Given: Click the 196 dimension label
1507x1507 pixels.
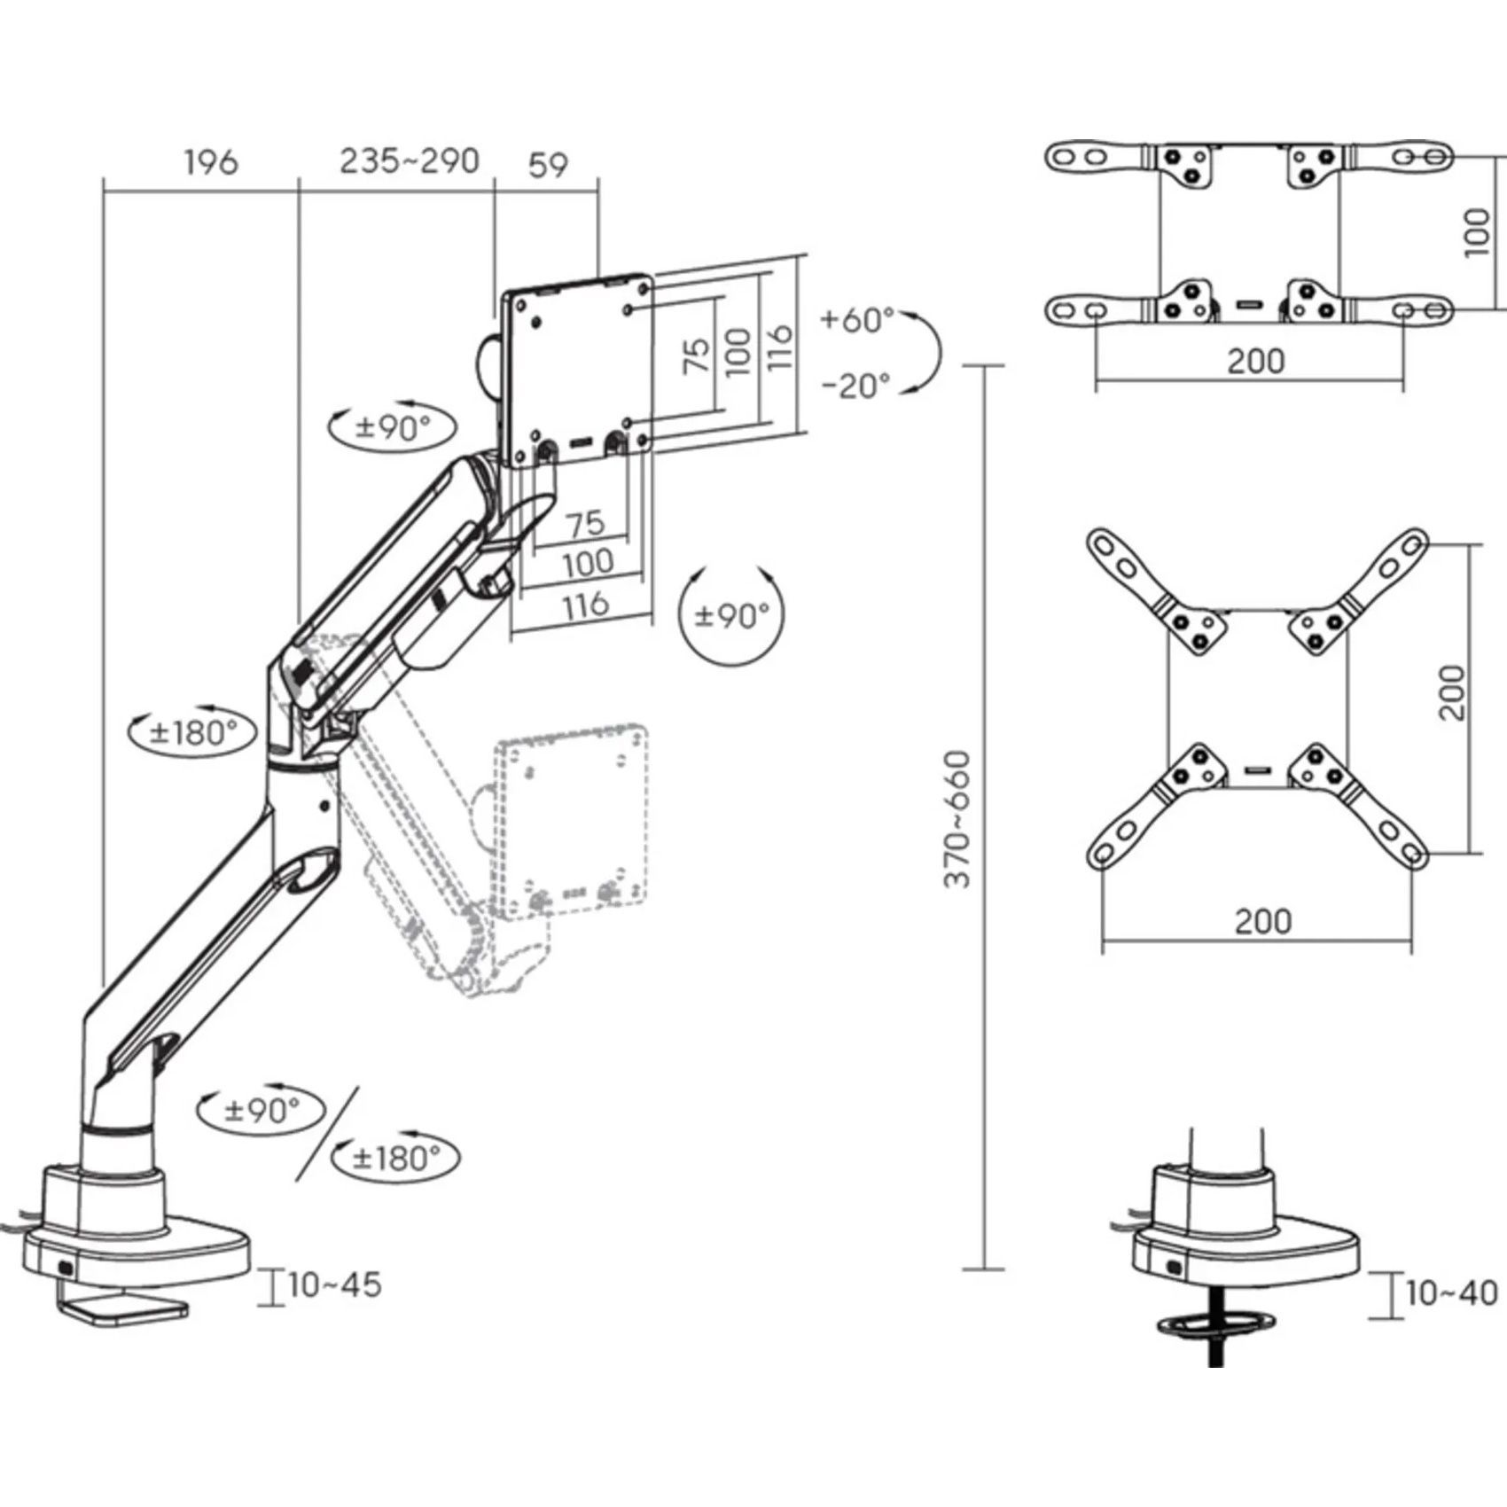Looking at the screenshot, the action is pyautogui.click(x=211, y=162).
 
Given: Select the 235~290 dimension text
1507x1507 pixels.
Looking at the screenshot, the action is pyautogui.click(x=410, y=160).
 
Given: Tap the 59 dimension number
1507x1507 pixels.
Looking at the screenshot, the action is pyautogui.click(x=548, y=164).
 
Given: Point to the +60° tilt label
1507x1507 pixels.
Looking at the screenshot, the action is pyautogui.click(x=857, y=319).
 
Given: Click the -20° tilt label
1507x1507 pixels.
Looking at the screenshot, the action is pyautogui.click(x=855, y=385).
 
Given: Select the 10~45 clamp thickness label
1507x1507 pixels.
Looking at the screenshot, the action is pyautogui.click(x=334, y=1284).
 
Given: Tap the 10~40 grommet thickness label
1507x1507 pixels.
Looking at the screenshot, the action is pyautogui.click(x=1451, y=1292).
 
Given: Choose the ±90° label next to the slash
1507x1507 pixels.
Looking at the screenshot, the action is pyautogui.click(x=262, y=1109).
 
